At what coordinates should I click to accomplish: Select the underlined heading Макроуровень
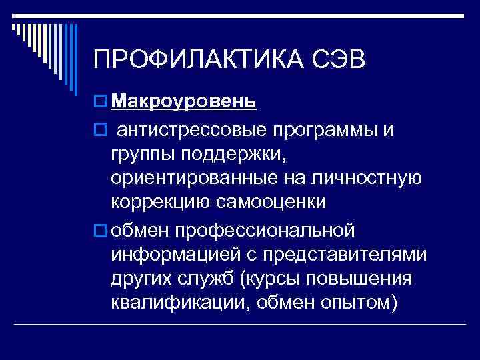pyautogui.click(x=183, y=101)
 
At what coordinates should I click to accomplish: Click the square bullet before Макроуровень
pyautogui.click(x=100, y=102)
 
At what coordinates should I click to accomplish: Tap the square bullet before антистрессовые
pyautogui.click(x=100, y=130)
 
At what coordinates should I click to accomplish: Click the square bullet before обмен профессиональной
pyautogui.click(x=100, y=231)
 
